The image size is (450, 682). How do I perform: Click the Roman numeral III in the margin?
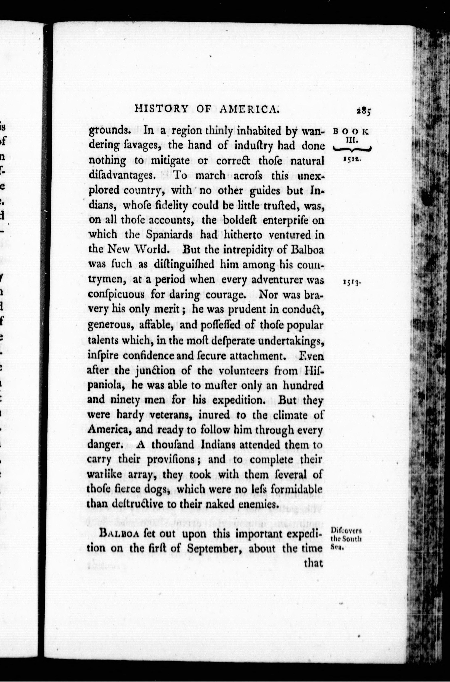351,141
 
